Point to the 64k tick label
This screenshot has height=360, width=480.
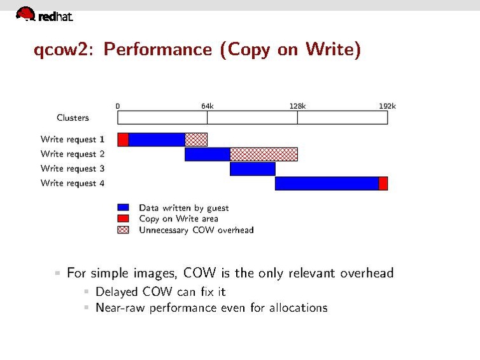point(208,106)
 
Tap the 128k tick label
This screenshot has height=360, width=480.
point(297,106)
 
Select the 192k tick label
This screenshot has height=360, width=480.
point(387,106)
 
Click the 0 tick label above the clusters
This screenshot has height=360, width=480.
point(118,106)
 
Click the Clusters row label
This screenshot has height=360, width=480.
point(73,118)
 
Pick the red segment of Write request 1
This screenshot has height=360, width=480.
point(123,139)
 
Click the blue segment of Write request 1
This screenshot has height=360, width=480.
point(157,139)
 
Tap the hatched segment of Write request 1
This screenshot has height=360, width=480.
point(196,139)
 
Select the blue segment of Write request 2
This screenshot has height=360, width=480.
point(207,154)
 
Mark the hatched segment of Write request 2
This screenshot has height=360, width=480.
point(264,154)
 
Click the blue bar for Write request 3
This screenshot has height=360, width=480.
point(252,169)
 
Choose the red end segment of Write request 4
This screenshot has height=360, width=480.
point(383,183)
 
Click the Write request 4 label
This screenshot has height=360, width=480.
point(73,183)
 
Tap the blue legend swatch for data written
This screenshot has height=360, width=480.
point(124,207)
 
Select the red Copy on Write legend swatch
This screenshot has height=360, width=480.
point(124,218)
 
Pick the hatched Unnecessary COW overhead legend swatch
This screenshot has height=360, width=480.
point(124,230)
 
